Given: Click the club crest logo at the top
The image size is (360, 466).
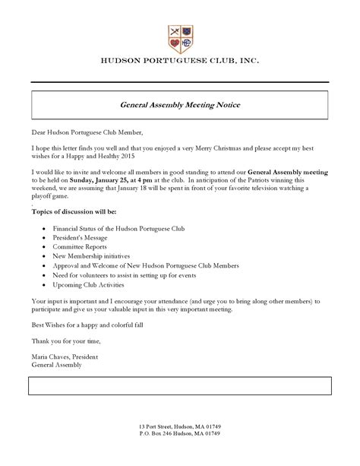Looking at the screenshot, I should click(x=179, y=36).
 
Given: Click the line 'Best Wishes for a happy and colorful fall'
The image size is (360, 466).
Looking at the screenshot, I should click(x=93, y=325).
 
